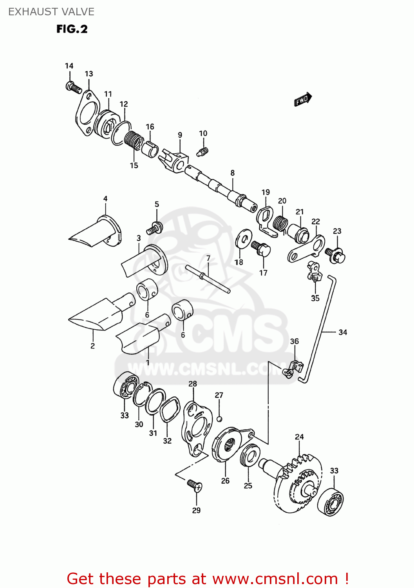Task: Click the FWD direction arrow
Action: [x=303, y=100]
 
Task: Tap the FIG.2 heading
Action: [x=72, y=29]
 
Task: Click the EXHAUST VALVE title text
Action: [x=51, y=12]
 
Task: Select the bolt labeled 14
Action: [x=73, y=87]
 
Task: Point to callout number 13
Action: [x=89, y=74]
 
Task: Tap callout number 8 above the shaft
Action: [x=233, y=173]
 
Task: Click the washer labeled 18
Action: [x=244, y=238]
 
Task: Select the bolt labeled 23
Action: [x=335, y=254]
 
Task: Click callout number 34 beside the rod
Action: [x=343, y=332]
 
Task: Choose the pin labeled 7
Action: [x=208, y=279]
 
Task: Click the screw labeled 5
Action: [x=155, y=228]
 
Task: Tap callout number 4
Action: [x=105, y=199]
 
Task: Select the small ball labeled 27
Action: [x=219, y=419]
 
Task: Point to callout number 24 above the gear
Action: [x=299, y=437]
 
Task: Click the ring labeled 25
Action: [x=250, y=456]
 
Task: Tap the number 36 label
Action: [x=295, y=341]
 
